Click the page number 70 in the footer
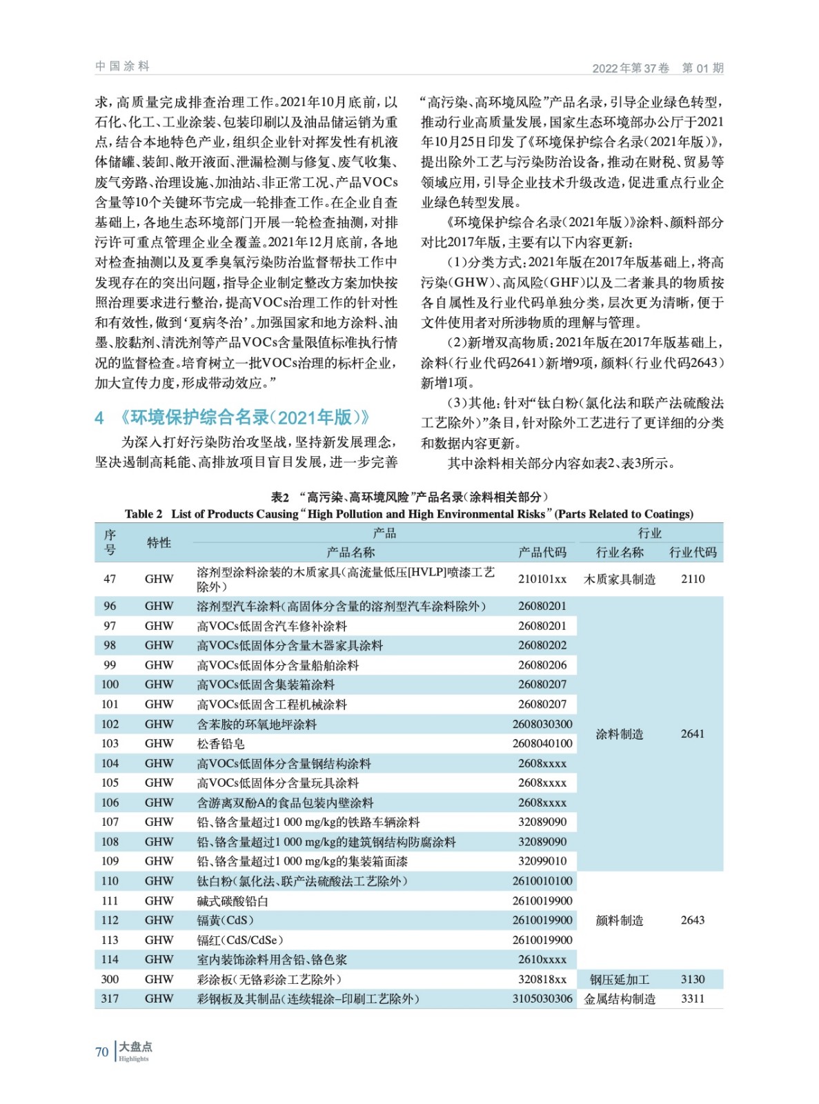[101, 1052]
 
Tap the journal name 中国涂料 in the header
[122, 66]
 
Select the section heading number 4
[99, 418]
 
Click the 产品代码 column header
[542, 552]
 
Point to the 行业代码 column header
[693, 552]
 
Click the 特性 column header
[159, 543]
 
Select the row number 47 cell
[110, 579]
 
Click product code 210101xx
[542, 579]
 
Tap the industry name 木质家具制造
[620, 579]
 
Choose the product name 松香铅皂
[221, 744]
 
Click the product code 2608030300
[542, 724]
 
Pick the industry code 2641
[693, 733]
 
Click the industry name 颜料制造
[620, 920]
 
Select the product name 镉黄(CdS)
[225, 920]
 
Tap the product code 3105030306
[542, 998]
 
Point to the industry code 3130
[693, 979]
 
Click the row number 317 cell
[110, 998]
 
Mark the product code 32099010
[542, 861]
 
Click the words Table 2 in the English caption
[144, 514]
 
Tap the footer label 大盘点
[135, 1047]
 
